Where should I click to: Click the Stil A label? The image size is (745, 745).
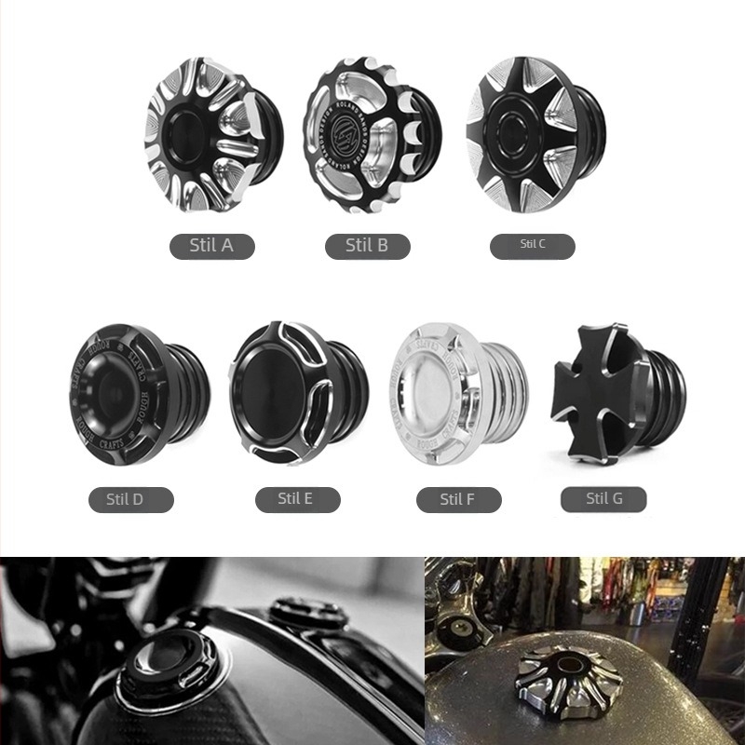211,246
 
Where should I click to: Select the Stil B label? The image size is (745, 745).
367,246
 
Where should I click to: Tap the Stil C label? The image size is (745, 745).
533,245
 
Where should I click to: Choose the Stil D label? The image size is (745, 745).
131,499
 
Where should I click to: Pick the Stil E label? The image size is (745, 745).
296,498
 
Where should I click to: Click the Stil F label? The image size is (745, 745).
458,499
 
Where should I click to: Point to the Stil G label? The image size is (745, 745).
603,498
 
